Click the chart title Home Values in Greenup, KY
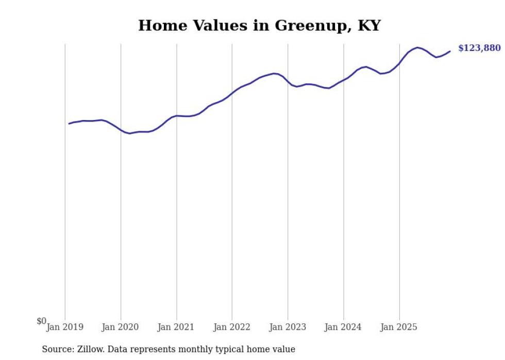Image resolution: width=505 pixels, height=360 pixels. [x=259, y=26]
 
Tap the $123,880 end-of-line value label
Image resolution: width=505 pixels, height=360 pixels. [x=479, y=48]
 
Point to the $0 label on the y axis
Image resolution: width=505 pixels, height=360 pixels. [x=41, y=321]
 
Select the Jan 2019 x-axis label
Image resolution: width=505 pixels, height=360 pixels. [x=65, y=327]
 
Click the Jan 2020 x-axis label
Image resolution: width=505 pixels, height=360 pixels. [x=121, y=327]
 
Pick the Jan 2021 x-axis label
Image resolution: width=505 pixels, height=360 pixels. [x=176, y=327]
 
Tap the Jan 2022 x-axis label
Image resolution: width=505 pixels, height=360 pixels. [x=232, y=327]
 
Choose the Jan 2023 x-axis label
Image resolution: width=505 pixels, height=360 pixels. [x=288, y=327]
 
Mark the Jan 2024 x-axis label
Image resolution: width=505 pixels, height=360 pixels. [x=343, y=327]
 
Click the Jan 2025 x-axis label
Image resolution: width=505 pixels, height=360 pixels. [x=399, y=327]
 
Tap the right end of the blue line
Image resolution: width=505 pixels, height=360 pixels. [x=450, y=51]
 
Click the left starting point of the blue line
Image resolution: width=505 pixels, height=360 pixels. [x=69, y=124]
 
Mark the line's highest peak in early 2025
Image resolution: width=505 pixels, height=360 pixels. [x=417, y=47]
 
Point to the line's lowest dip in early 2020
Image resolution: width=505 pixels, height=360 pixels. [x=130, y=133]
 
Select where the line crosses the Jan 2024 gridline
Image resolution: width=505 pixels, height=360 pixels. [x=344, y=80]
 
